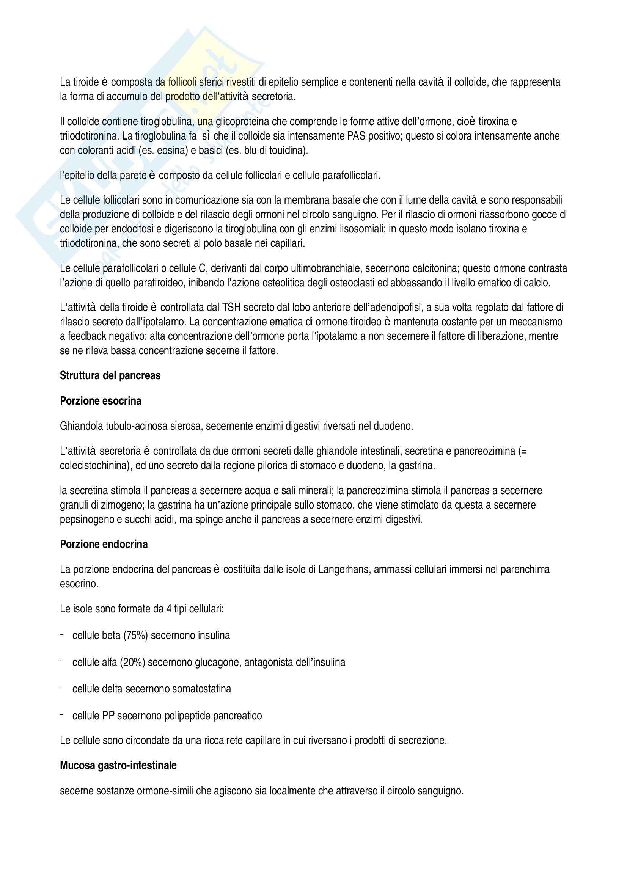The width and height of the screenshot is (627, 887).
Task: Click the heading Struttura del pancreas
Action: [110, 375]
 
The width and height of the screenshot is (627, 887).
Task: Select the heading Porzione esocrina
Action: [101, 401]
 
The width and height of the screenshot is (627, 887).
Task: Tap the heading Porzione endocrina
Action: [104, 544]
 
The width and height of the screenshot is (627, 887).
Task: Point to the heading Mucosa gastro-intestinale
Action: [118, 765]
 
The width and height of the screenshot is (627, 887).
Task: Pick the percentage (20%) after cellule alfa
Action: [132, 662]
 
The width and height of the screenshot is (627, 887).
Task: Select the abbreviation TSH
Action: [231, 308]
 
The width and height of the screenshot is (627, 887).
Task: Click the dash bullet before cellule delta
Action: [62, 688]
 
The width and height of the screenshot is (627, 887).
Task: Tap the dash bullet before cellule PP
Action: [62, 714]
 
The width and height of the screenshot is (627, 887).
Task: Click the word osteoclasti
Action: [353, 283]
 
